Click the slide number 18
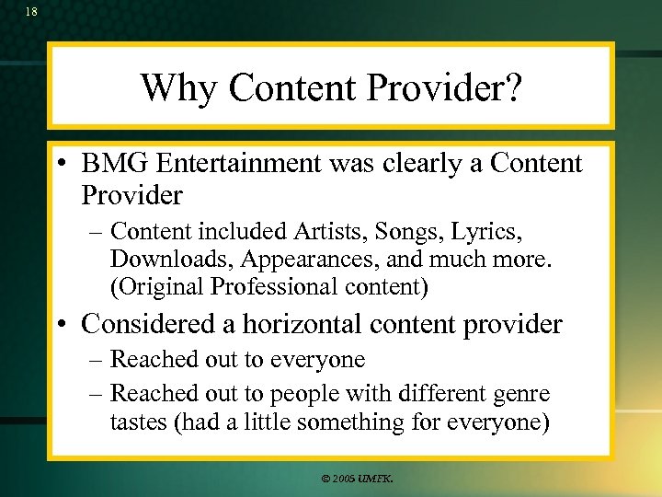[x=31, y=12]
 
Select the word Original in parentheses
[x=157, y=287]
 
